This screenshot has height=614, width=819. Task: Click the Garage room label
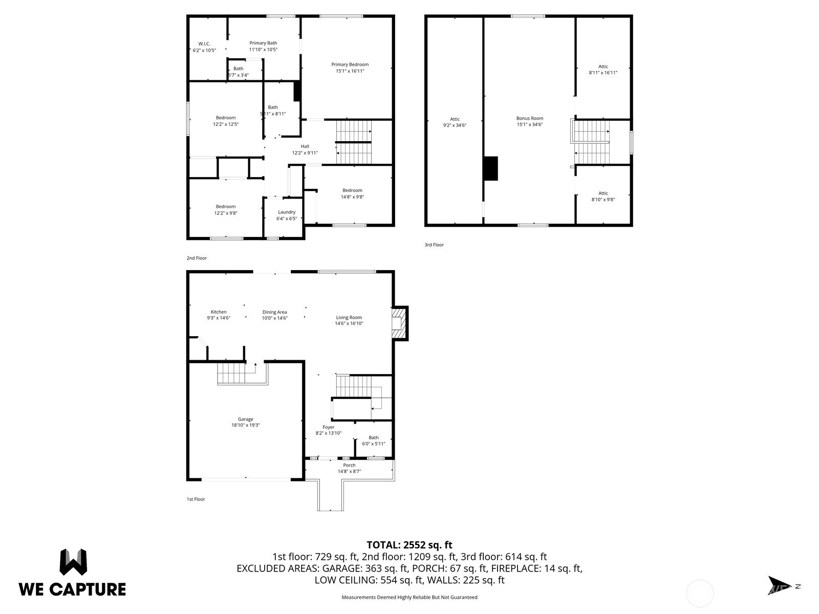pyautogui.click(x=246, y=419)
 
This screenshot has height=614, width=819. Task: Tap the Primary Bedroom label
pyautogui.click(x=350, y=64)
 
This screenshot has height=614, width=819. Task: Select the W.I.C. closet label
pyautogui.click(x=204, y=44)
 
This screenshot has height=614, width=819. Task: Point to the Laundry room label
pyautogui.click(x=287, y=212)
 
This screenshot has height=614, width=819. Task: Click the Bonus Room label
pyautogui.click(x=529, y=118)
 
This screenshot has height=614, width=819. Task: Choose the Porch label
pyautogui.click(x=349, y=465)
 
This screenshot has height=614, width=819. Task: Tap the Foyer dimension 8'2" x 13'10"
pyautogui.click(x=328, y=433)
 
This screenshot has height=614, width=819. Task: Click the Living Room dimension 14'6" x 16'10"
pyautogui.click(x=349, y=323)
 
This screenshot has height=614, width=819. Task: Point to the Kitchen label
pyautogui.click(x=219, y=312)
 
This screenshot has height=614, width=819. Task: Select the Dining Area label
pyautogui.click(x=274, y=312)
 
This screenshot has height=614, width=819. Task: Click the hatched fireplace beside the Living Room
pyautogui.click(x=400, y=323)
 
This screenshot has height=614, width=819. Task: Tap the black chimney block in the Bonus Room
pyautogui.click(x=491, y=168)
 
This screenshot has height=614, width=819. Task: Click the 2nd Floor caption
pyautogui.click(x=197, y=258)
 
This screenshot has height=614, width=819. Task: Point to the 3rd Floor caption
pyautogui.click(x=434, y=245)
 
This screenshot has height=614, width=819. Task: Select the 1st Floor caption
pyautogui.click(x=196, y=499)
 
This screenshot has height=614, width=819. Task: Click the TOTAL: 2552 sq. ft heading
pyautogui.click(x=409, y=545)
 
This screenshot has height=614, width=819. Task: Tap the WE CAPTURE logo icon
pyautogui.click(x=74, y=562)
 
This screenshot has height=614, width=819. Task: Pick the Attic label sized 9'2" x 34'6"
pyautogui.click(x=455, y=119)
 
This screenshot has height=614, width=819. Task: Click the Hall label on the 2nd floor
pyautogui.click(x=305, y=146)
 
